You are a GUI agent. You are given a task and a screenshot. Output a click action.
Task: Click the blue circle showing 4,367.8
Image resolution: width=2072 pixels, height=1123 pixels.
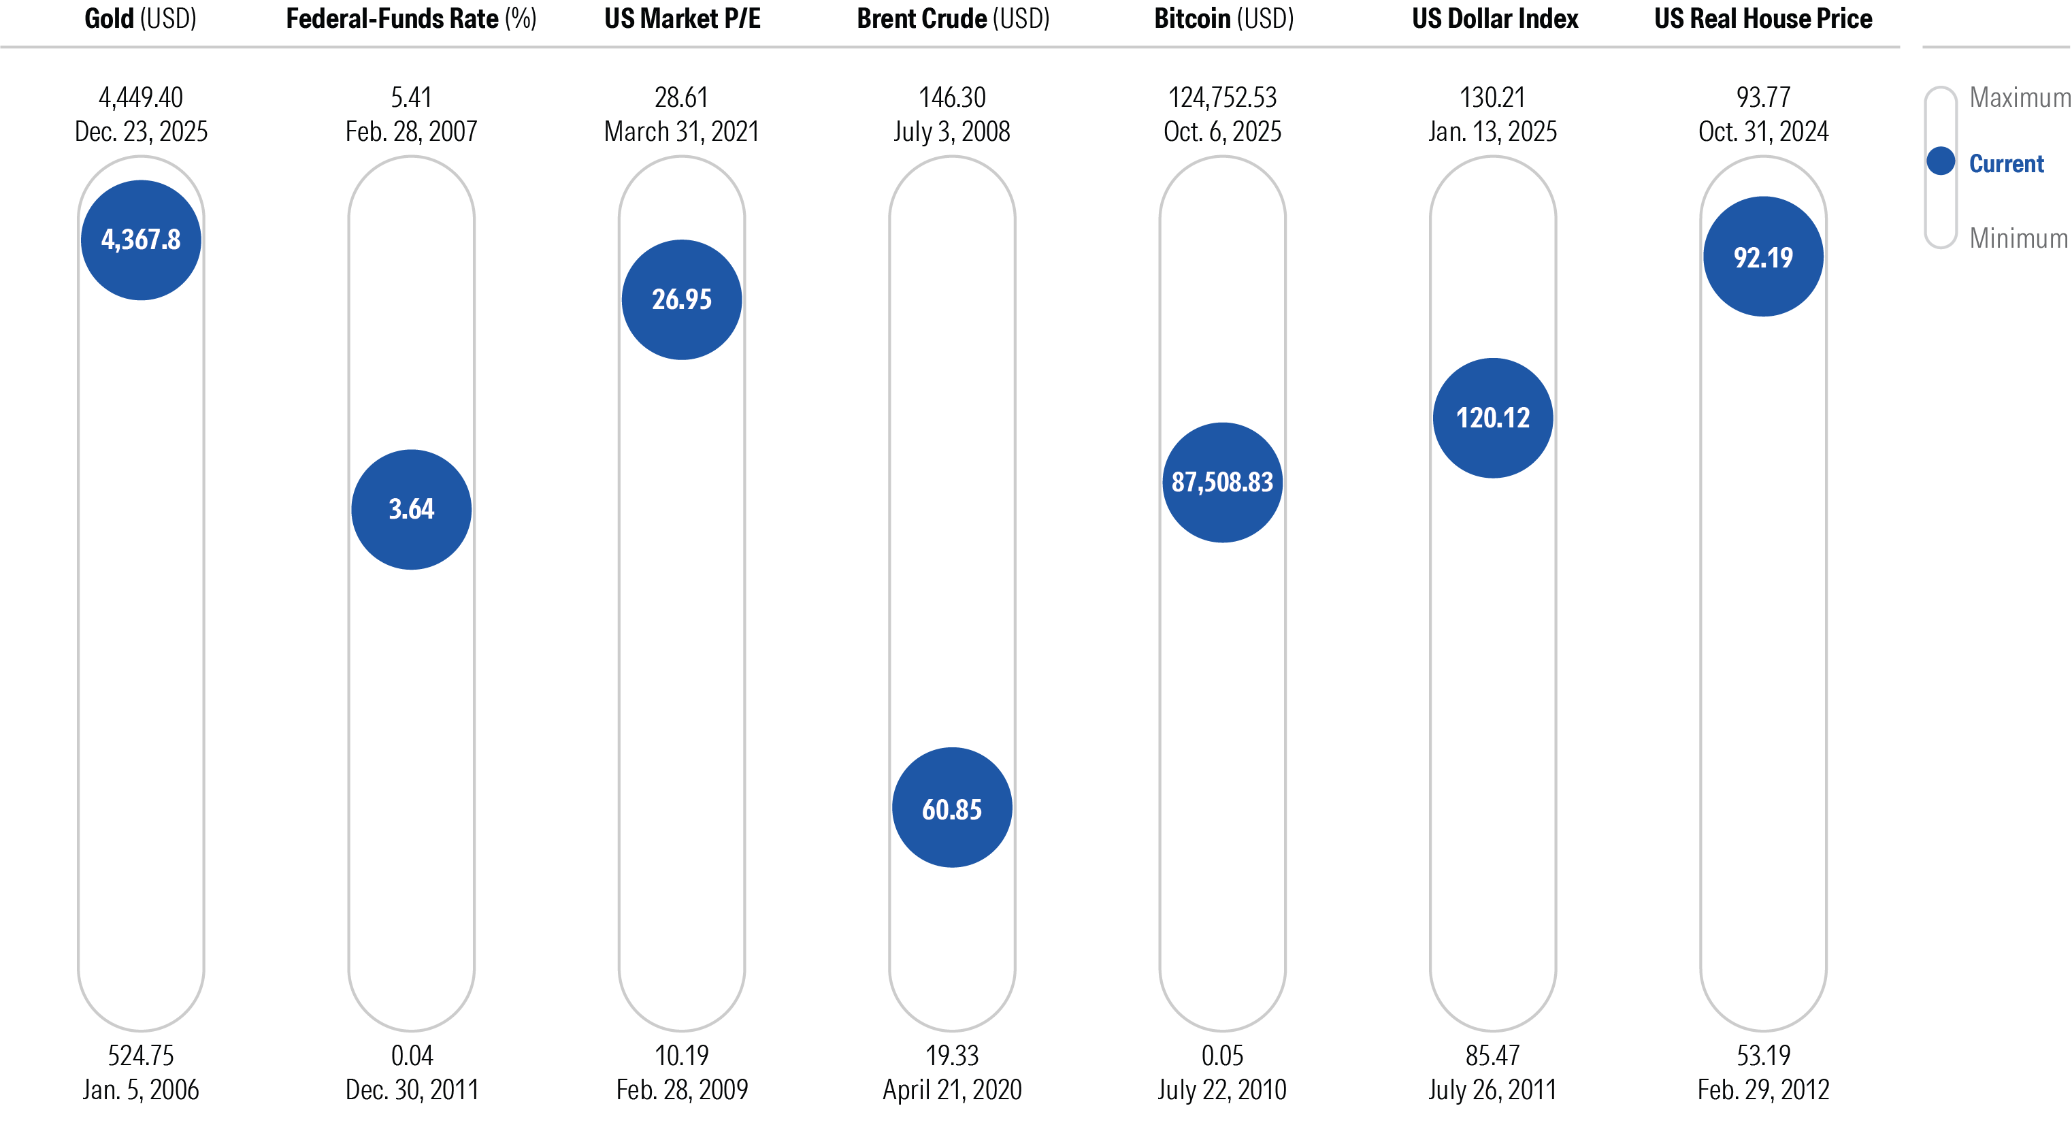click(141, 240)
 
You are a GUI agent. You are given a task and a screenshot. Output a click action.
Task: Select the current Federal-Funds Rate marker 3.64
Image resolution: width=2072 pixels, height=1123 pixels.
click(411, 509)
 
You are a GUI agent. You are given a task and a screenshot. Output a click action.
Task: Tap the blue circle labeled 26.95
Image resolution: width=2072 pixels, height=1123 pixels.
click(681, 299)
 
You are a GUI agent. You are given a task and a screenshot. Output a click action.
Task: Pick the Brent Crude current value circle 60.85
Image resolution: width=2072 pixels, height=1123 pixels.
click(951, 808)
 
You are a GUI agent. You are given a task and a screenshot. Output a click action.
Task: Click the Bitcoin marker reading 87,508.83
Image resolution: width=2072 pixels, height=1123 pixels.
click(1222, 482)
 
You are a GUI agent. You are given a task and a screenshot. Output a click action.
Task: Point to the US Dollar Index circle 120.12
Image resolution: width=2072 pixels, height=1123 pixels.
click(1492, 417)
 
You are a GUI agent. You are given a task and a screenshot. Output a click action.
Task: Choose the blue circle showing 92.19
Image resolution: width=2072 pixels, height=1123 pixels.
click(1762, 257)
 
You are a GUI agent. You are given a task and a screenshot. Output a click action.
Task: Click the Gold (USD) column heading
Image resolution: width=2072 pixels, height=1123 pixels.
click(141, 18)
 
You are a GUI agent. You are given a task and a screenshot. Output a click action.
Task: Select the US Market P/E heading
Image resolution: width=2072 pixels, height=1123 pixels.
click(682, 18)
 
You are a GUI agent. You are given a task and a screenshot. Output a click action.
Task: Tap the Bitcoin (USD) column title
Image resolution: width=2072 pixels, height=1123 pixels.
click(1223, 18)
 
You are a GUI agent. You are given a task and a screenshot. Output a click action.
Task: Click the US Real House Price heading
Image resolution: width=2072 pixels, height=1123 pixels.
click(1762, 18)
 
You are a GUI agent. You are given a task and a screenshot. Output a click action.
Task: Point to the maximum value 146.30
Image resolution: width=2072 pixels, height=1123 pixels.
click(951, 97)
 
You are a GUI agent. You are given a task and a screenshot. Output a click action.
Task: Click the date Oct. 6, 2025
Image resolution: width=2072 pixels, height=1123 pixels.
click(1222, 131)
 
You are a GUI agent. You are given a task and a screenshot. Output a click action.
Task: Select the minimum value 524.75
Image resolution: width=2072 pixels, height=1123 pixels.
click(141, 1055)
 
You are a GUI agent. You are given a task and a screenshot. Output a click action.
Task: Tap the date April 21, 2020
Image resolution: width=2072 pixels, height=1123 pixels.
click(951, 1089)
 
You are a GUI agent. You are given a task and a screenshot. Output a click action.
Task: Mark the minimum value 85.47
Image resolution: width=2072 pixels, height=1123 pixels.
click(1492, 1055)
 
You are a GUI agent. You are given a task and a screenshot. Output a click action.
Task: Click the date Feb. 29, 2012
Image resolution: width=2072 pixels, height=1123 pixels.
click(1762, 1089)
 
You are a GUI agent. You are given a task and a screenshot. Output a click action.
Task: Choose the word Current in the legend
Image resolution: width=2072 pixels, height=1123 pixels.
click(2005, 163)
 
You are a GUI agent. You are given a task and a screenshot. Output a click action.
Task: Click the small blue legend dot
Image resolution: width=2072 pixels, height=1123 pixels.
click(1940, 161)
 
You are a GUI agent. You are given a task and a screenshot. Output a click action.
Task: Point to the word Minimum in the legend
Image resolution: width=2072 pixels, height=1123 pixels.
click(2018, 238)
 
